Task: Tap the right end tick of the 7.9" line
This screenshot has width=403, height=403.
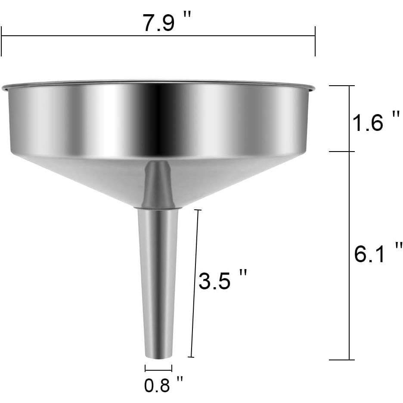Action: coord(315,41)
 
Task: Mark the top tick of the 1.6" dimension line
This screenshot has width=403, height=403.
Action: coord(342,86)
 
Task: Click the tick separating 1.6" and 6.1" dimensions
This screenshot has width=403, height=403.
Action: coord(342,152)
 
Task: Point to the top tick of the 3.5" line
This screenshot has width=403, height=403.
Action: coord(198,210)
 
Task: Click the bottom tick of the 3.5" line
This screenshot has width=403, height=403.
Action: coord(191,357)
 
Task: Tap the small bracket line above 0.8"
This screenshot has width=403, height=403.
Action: coord(158,368)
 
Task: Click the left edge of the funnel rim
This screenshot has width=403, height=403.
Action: coord(3,89)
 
